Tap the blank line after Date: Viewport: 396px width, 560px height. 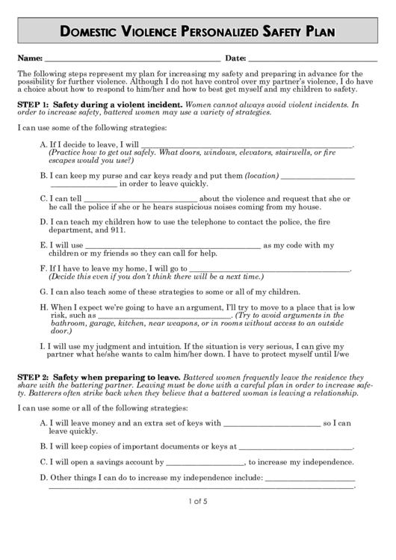tap(312, 59)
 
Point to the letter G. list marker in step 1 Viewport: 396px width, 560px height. tap(43, 292)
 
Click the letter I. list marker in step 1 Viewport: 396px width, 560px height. tap(41, 347)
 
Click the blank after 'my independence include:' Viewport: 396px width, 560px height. tap(309, 479)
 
